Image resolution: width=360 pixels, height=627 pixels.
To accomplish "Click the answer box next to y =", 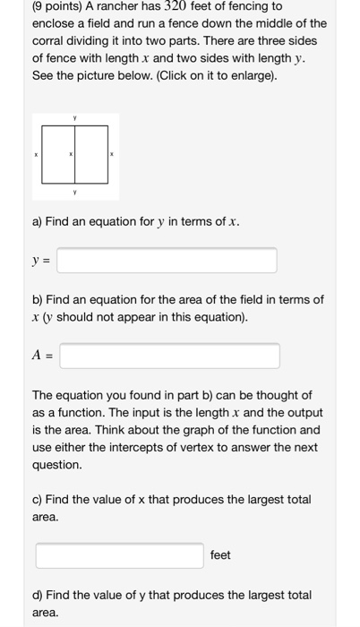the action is [167, 260].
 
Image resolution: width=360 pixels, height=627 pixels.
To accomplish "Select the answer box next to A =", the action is [169, 356].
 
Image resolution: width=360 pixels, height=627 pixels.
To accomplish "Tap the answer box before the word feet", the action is [119, 554].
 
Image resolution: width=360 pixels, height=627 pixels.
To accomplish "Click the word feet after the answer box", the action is [220, 554].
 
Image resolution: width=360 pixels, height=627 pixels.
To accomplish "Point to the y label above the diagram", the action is [76, 118].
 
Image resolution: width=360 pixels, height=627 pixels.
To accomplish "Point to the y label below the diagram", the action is [76, 191].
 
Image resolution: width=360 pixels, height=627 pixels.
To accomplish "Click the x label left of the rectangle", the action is [36, 155].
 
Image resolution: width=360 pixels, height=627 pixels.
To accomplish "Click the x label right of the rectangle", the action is [111, 155].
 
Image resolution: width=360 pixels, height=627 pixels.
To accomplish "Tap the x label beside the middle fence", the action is [72, 155].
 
